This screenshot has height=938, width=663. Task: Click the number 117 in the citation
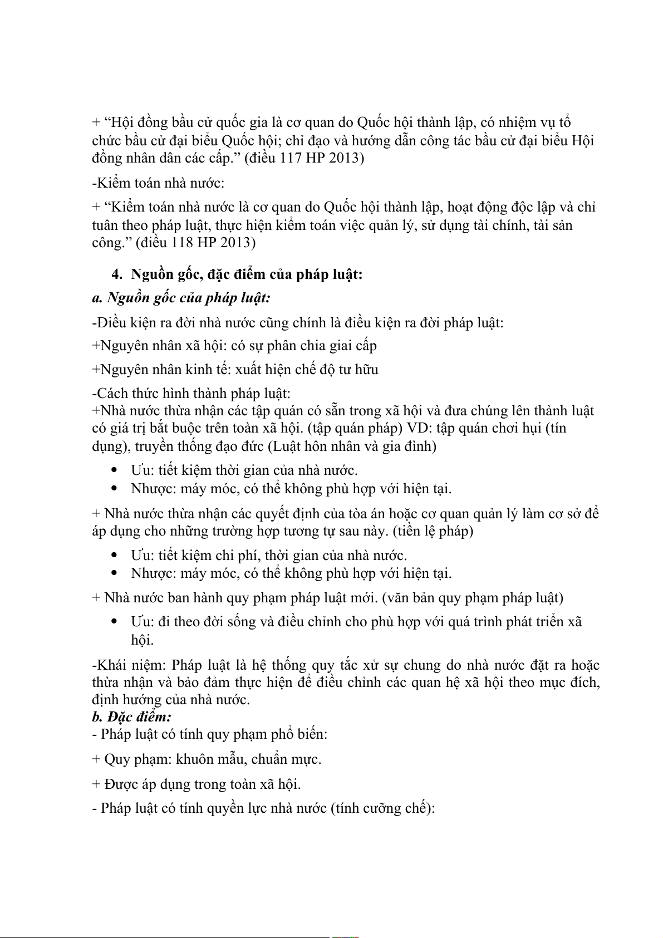291,158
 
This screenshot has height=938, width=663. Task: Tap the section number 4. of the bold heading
117,274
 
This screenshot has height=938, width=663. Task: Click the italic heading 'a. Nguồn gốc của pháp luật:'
181,298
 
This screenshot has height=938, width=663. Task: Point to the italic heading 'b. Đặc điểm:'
132,716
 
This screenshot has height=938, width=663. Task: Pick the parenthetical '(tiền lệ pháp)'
433,531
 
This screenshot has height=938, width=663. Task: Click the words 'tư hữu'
358,370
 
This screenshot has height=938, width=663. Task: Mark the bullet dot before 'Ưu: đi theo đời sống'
114,621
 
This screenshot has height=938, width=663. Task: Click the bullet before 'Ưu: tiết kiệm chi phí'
114,555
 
